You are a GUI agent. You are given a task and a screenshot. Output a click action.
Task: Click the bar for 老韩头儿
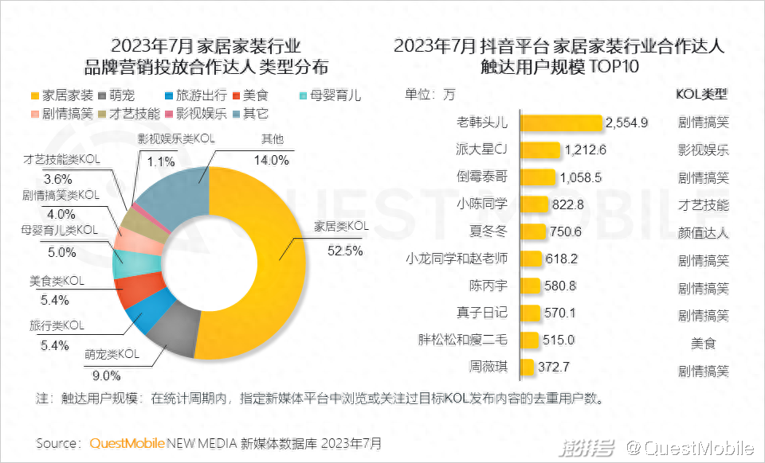point(561,123)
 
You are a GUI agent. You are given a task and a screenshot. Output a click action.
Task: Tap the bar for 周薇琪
point(527,368)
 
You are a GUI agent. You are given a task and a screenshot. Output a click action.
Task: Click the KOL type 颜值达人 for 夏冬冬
point(702,232)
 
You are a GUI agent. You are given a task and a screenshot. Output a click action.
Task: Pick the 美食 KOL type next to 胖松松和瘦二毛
point(702,340)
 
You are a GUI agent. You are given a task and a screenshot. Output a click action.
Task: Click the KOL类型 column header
point(701,94)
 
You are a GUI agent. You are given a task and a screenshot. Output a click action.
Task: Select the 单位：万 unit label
point(430,94)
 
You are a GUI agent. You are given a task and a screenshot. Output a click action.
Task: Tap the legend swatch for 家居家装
point(33,95)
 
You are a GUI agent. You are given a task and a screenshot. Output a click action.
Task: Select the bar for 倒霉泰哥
point(538,177)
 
